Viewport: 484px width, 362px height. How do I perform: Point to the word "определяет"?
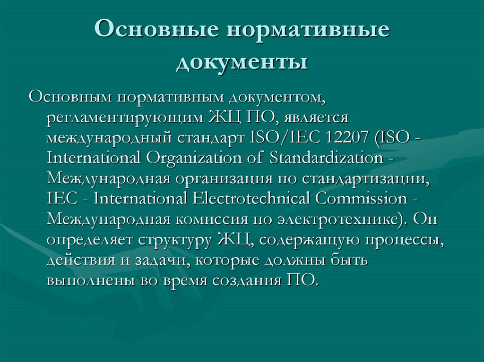click(90, 239)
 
